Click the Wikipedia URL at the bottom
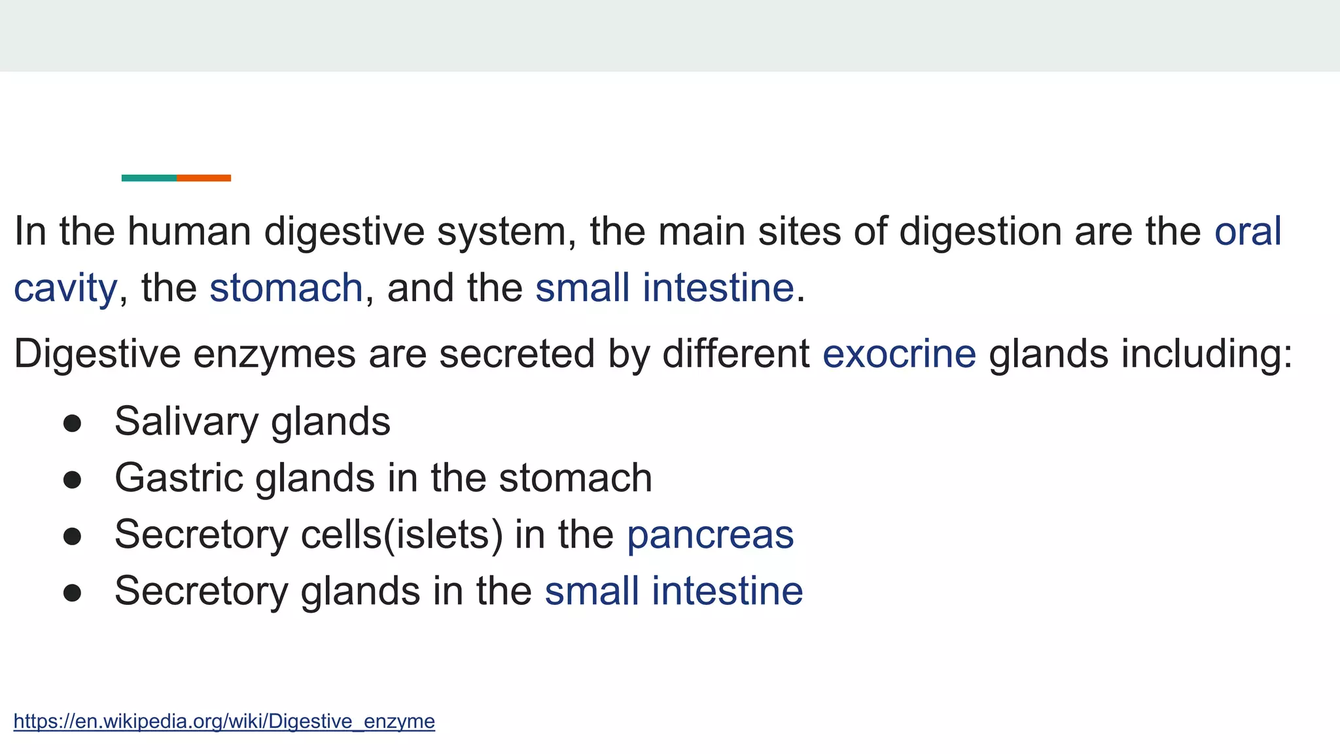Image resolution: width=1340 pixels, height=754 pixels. [224, 721]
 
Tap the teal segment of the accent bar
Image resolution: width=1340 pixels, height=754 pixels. [149, 178]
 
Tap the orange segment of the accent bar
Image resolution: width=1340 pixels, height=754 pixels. [203, 178]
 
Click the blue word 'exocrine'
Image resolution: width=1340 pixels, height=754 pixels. [899, 354]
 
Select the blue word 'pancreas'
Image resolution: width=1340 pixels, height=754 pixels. [710, 535]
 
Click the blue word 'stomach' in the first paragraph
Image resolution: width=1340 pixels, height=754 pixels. [286, 288]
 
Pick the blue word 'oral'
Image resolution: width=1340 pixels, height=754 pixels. [1248, 231]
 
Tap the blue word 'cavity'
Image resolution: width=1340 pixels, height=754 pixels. [65, 288]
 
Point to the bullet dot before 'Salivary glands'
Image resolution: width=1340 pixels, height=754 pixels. [72, 423]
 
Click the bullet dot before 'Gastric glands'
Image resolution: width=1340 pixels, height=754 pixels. [72, 480]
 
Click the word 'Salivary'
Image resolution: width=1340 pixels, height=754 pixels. [186, 422]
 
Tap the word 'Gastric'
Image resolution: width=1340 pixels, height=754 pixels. [179, 478]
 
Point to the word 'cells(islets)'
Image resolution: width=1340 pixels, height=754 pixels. [402, 535]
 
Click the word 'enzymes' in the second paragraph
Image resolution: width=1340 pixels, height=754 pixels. [274, 354]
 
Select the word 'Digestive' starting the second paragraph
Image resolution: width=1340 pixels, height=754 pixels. [97, 354]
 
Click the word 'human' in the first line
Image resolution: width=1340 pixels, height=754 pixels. [189, 231]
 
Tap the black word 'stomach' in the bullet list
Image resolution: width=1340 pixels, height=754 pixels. [575, 478]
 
